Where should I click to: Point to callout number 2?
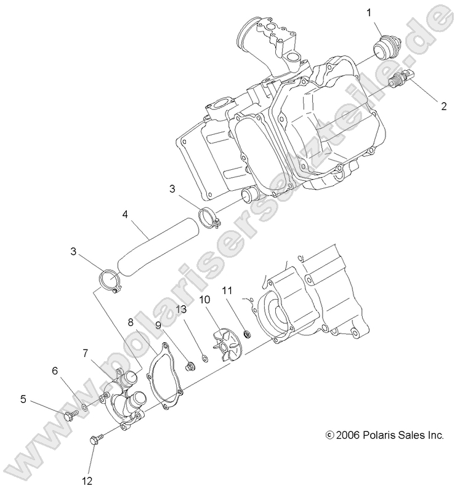[443, 106]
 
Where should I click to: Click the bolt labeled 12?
[95, 439]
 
